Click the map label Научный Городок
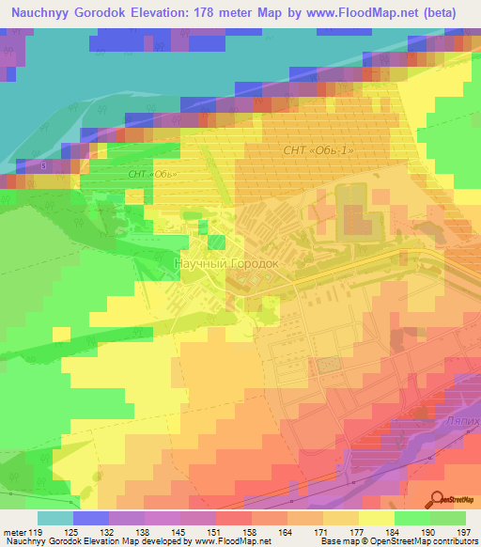click(226, 264)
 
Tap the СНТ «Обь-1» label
click(318, 150)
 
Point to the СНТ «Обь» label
click(152, 175)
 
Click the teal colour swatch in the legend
click(55, 518)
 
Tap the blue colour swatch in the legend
click(91, 518)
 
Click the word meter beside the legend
click(16, 532)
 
